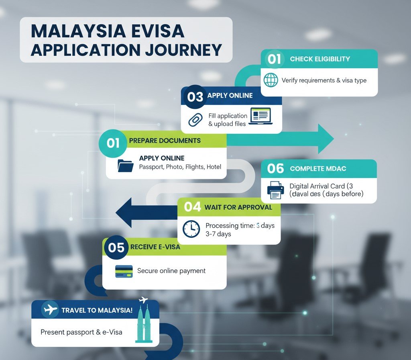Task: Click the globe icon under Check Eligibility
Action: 271,80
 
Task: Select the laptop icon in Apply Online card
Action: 260,116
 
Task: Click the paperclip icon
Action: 195,120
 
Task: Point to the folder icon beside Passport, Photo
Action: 125,165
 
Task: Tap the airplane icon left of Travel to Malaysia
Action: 50,310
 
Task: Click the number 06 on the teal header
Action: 275,168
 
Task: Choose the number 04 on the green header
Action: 192,207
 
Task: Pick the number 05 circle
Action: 116,247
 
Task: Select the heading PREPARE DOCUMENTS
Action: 165,141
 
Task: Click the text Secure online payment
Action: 171,271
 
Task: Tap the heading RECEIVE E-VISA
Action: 155,247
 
